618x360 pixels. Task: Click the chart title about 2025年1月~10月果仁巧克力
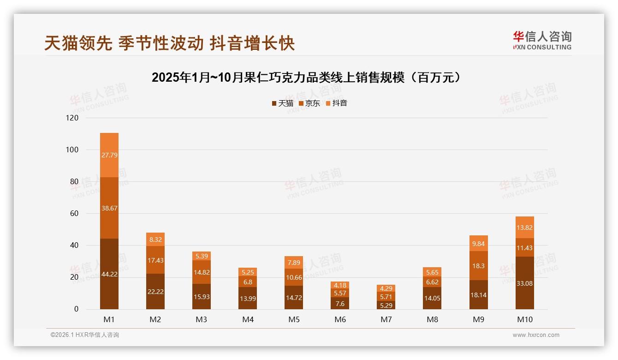[x=306, y=78]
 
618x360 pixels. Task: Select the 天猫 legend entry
[x=283, y=103]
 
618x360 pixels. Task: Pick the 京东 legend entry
[x=309, y=103]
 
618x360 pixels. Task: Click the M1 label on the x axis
[x=109, y=319]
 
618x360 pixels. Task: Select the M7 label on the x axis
[x=386, y=319]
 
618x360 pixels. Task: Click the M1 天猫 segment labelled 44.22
[x=109, y=274]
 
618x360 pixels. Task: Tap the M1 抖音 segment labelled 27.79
[x=109, y=155]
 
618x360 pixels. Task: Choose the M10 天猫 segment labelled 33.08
[x=525, y=283]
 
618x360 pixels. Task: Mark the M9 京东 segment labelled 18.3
[x=479, y=266]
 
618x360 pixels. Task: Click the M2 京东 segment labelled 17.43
[x=155, y=260]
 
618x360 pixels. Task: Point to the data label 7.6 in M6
[x=340, y=303]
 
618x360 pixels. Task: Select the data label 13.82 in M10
[x=525, y=228]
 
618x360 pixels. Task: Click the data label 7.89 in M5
[x=294, y=263]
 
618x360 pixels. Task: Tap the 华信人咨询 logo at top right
[x=542, y=40]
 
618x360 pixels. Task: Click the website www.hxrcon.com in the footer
[x=536, y=335]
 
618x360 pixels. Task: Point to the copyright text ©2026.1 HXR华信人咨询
[x=85, y=335]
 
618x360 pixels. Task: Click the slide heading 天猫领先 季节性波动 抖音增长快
[x=169, y=43]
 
